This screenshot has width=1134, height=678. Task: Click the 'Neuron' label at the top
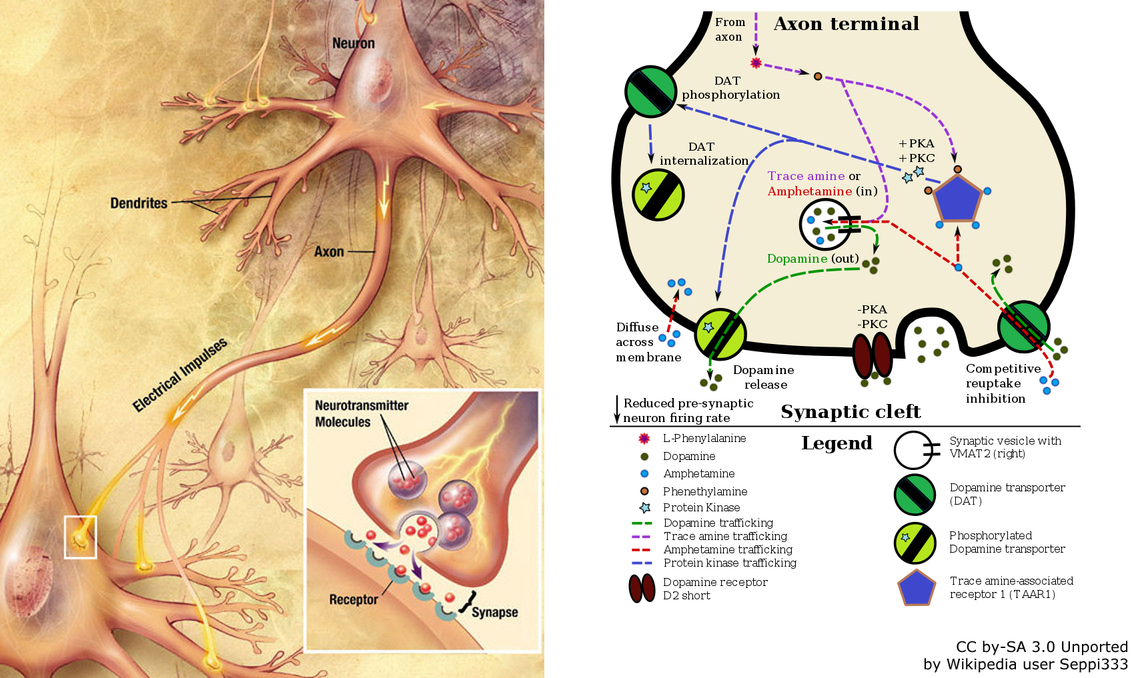pyautogui.click(x=353, y=43)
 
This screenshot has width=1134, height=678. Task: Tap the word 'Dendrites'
pyautogui.click(x=139, y=203)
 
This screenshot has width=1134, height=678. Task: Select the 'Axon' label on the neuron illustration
pyautogui.click(x=329, y=252)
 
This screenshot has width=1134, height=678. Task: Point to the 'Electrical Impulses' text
pyautogui.click(x=179, y=375)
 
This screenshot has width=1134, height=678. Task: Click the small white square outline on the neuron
pyautogui.click(x=80, y=537)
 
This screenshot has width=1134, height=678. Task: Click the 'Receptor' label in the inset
pyautogui.click(x=353, y=599)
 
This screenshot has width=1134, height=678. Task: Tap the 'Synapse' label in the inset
pyautogui.click(x=494, y=612)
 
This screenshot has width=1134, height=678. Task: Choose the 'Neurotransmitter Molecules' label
pyautogui.click(x=361, y=413)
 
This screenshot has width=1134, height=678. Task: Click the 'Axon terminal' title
pyautogui.click(x=846, y=24)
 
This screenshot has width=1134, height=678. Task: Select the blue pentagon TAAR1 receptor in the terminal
pyautogui.click(x=957, y=199)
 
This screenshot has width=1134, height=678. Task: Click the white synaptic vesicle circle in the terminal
pyautogui.click(x=824, y=225)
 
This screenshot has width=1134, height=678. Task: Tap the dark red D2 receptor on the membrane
pyautogui.click(x=873, y=355)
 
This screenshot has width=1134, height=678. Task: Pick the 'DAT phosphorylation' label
pyautogui.click(x=730, y=88)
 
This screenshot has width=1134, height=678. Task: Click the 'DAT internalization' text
pyautogui.click(x=704, y=154)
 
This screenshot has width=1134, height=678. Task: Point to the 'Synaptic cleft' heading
pyautogui.click(x=851, y=412)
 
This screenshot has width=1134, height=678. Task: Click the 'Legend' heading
pyautogui.click(x=836, y=443)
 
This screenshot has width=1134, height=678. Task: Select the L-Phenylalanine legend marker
pyautogui.click(x=644, y=439)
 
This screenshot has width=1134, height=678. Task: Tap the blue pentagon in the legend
pyautogui.click(x=917, y=588)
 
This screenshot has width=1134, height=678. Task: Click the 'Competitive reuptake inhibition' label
pyautogui.click(x=1002, y=383)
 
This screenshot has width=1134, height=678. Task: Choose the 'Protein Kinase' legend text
pyautogui.click(x=701, y=507)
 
